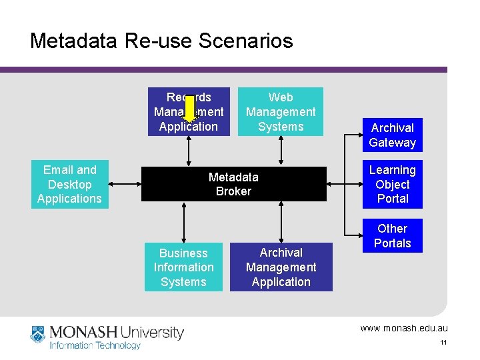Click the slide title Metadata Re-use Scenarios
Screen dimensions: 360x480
[x=161, y=41]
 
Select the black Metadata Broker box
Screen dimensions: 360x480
[x=233, y=184]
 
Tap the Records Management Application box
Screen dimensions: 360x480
[x=189, y=112]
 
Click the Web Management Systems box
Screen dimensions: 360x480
[x=281, y=112]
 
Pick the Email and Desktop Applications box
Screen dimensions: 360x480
[x=69, y=185]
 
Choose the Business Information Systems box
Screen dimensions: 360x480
[x=183, y=267]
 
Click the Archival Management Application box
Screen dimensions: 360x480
[x=281, y=267]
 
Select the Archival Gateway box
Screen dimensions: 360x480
[x=392, y=135]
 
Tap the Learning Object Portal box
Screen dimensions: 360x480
[x=392, y=185]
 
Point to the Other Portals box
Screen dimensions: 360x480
[x=392, y=236]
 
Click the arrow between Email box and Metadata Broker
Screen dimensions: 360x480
[x=125, y=184]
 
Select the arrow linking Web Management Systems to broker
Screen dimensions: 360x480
[x=281, y=151]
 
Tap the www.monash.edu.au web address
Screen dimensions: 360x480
[x=404, y=328]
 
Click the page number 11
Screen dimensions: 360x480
[x=443, y=343]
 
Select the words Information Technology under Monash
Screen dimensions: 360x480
[x=95, y=345]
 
